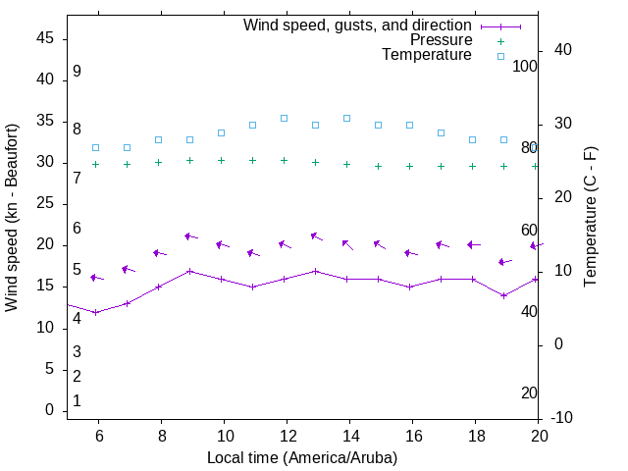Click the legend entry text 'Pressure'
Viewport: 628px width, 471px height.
[x=441, y=40]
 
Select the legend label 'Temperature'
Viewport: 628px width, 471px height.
[x=427, y=55]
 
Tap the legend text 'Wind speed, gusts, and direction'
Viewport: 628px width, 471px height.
[x=358, y=26]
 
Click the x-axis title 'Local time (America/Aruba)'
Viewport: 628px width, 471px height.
[x=302, y=457]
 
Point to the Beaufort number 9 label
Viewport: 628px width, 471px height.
[x=77, y=72]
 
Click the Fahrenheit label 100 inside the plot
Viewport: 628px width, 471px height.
[x=525, y=66]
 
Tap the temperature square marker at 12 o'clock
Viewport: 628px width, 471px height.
[x=285, y=118]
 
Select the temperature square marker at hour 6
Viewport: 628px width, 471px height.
[x=95, y=147]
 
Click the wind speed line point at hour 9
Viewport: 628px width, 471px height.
[x=189, y=271]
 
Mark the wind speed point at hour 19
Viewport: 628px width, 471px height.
[x=504, y=295]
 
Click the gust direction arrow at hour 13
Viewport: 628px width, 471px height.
[x=316, y=236]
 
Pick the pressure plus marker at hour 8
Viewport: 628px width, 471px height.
[x=158, y=162]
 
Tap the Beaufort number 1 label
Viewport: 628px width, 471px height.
[x=77, y=401]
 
